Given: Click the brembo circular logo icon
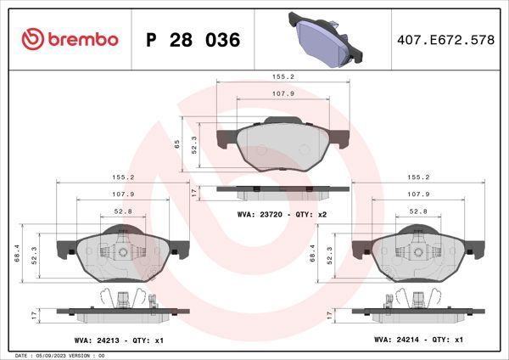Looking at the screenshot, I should tap(31, 40).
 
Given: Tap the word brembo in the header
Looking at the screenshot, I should tap(82, 40).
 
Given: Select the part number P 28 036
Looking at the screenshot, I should tap(193, 40).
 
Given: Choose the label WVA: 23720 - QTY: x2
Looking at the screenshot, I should tap(282, 216).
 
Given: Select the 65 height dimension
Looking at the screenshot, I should tap(177, 143).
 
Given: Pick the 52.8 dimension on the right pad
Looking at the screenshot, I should tap(418, 211).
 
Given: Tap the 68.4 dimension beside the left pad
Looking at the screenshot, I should tap(19, 252).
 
